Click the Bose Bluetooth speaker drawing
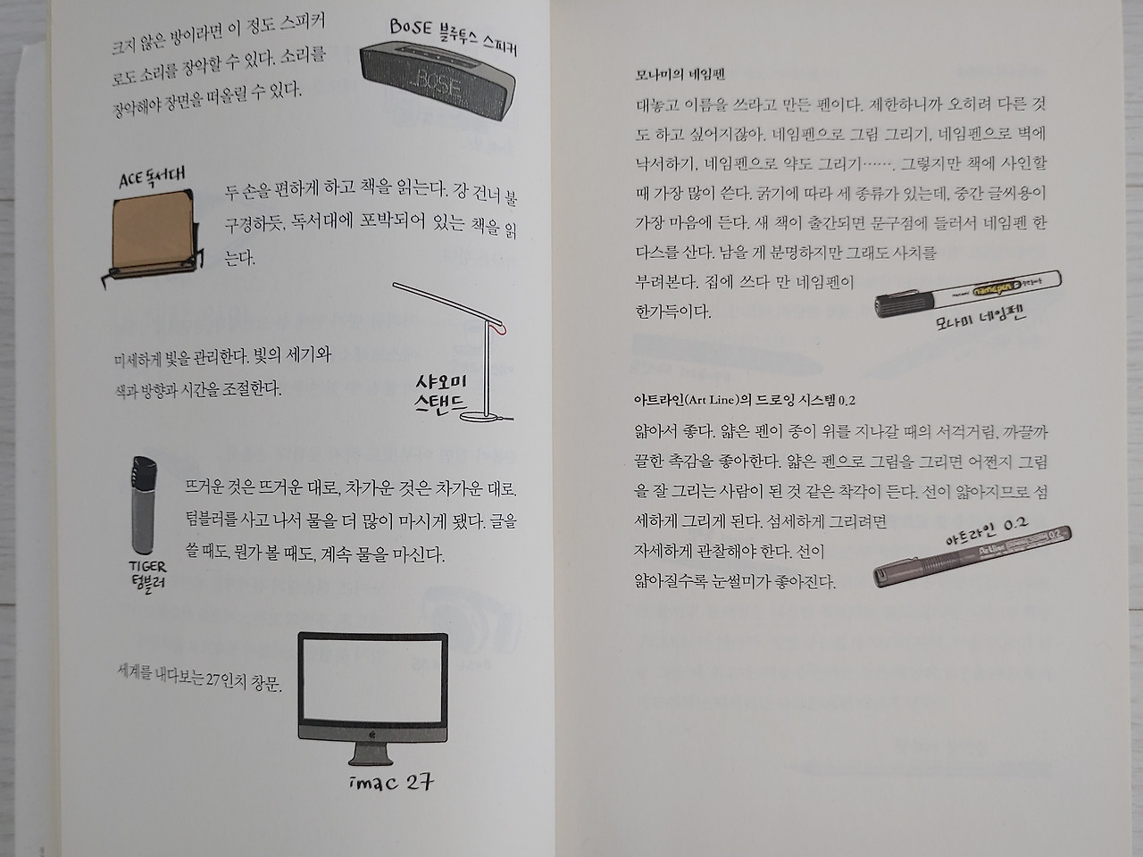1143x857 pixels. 438,80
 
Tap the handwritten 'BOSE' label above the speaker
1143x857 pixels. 411,27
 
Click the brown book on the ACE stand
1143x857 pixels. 153,229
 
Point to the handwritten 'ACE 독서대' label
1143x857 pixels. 152,177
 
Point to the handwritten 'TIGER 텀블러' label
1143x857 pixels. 147,574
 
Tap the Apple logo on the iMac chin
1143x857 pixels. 371,735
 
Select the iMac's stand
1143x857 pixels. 371,753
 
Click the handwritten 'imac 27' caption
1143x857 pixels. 391,783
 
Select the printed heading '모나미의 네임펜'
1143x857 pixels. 680,75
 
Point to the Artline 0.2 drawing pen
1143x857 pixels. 972,556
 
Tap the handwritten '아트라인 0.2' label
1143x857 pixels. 987,531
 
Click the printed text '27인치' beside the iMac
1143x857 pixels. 226,679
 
